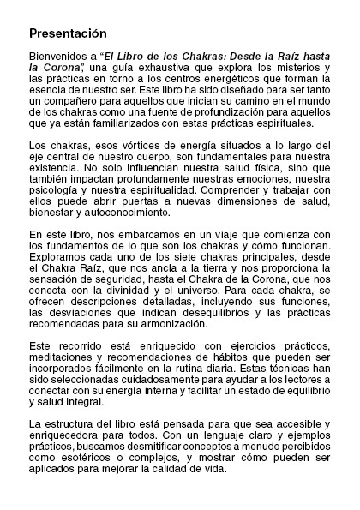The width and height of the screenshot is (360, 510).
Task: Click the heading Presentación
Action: (67, 33)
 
